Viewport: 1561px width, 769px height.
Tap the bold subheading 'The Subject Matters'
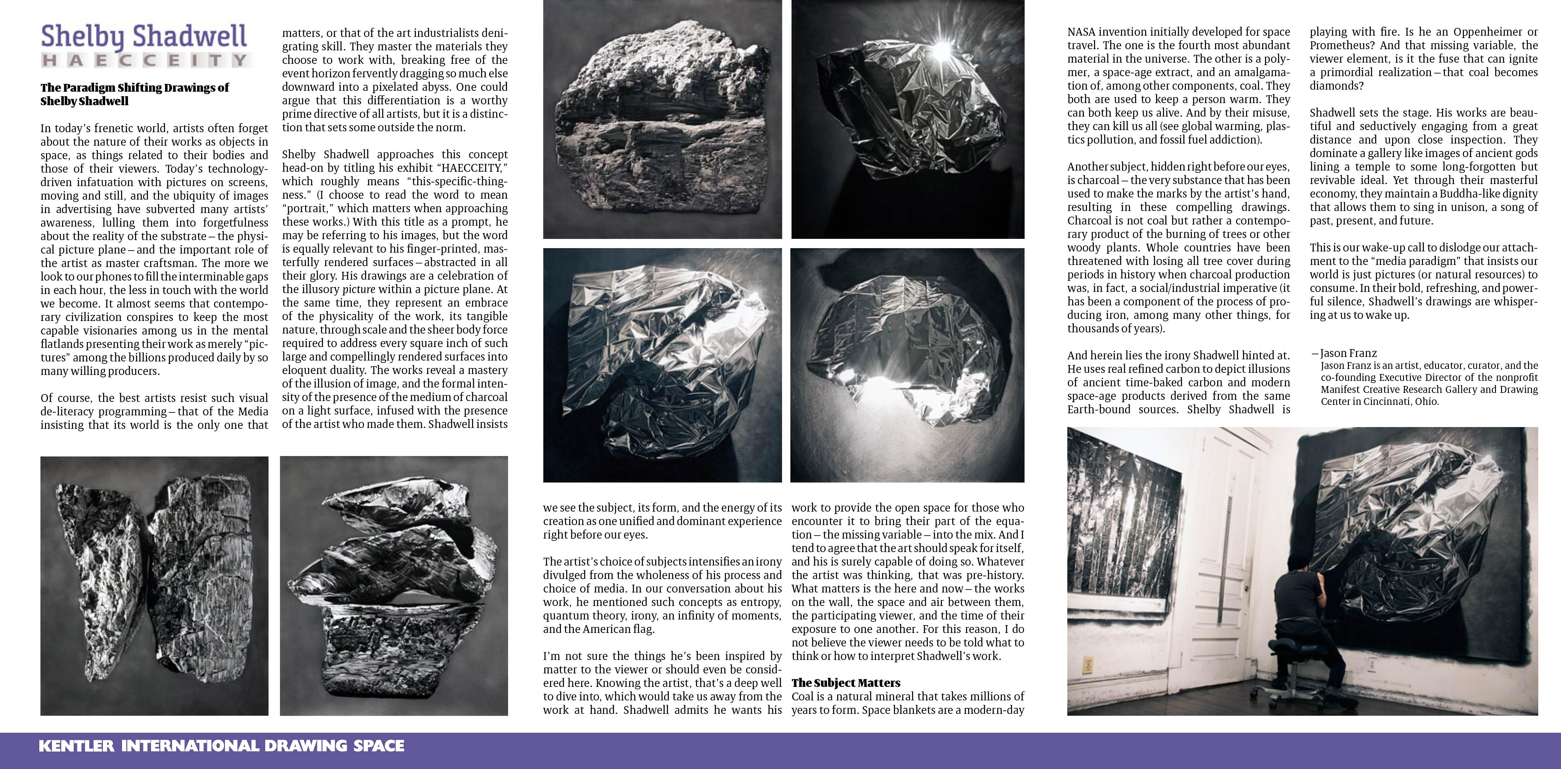pos(846,683)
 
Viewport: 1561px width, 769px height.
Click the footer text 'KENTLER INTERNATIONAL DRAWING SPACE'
pos(221,746)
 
